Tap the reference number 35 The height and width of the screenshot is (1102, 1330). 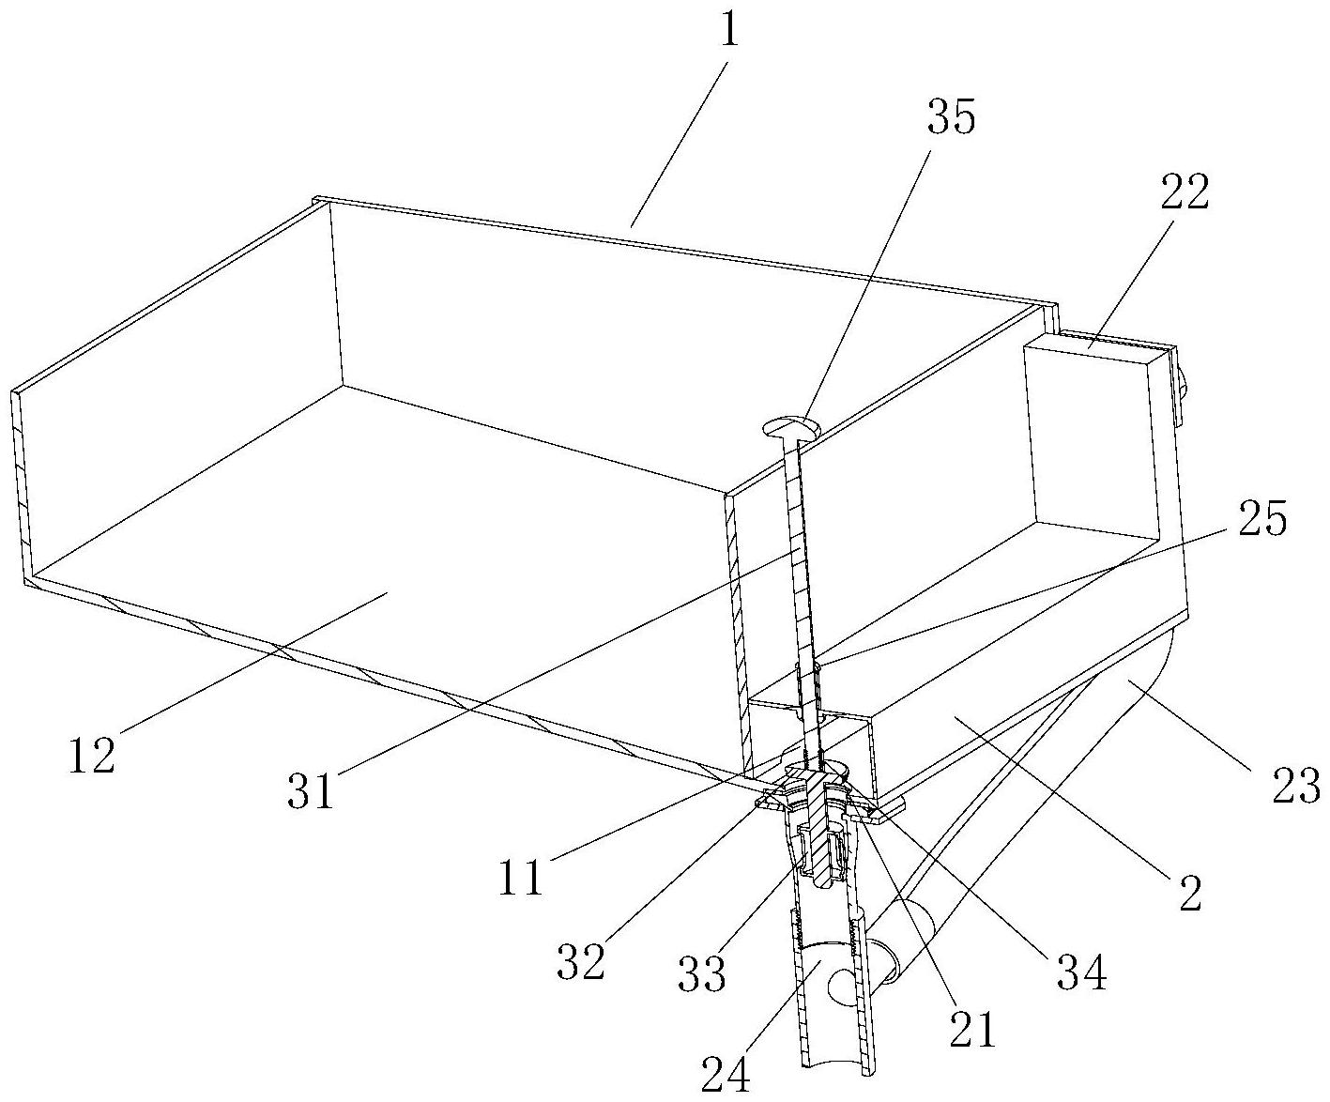click(x=951, y=119)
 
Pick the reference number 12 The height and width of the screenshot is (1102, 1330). click(x=91, y=754)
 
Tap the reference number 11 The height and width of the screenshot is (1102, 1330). click(x=522, y=878)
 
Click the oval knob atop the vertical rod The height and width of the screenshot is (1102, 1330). click(x=790, y=428)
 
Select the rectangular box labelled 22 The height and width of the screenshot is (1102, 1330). click(x=1089, y=441)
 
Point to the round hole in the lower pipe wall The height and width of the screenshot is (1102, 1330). click(x=845, y=987)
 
